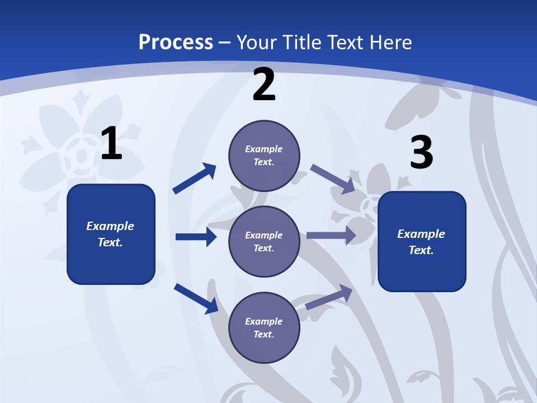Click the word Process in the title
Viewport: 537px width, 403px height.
coord(176,43)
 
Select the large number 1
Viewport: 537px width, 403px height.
coord(111,144)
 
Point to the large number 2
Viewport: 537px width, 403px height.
coord(264,85)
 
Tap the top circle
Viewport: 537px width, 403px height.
coord(264,156)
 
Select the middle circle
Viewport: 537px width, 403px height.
coord(264,242)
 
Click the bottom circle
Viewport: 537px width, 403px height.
coord(264,328)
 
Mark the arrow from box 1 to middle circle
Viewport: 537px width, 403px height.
coord(196,237)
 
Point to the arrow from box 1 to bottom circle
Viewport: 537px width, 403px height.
coord(196,298)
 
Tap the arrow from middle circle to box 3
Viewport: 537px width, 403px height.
coord(331,235)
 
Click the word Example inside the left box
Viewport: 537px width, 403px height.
coord(110,226)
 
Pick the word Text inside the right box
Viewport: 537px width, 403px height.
coord(421,250)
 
